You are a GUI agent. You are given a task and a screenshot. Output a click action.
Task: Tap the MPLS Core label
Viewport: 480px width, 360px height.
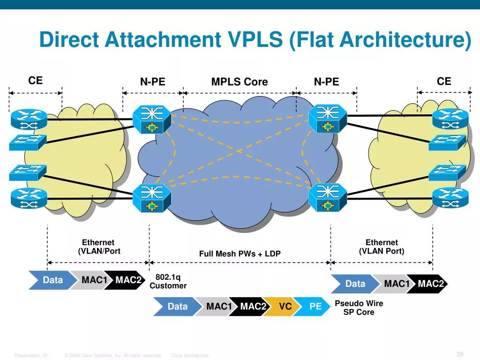(x=239, y=82)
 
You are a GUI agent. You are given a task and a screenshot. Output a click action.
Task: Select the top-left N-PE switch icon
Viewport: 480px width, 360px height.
(x=151, y=119)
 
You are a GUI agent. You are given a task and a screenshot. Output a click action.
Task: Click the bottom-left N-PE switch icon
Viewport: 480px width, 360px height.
(x=151, y=198)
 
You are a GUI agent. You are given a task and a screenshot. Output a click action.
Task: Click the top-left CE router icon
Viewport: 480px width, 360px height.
(x=29, y=119)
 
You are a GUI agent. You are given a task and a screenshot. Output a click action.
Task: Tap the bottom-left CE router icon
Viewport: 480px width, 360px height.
(x=29, y=198)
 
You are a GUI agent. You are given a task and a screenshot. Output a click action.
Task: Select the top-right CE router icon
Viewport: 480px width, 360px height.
(x=450, y=119)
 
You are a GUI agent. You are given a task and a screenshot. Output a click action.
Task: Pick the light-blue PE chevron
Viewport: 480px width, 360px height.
(x=314, y=307)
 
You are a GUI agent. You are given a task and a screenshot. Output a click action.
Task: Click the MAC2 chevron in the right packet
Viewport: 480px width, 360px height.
(x=430, y=284)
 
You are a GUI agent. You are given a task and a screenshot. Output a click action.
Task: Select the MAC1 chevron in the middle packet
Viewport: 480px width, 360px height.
(x=218, y=307)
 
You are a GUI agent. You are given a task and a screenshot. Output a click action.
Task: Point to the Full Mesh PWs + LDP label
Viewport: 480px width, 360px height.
(x=240, y=254)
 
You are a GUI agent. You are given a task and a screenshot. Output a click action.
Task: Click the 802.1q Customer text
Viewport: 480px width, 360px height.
(x=168, y=282)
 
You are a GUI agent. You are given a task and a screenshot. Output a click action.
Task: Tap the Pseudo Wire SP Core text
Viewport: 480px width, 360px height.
(x=359, y=307)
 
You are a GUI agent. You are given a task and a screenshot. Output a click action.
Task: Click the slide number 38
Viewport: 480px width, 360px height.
(x=460, y=354)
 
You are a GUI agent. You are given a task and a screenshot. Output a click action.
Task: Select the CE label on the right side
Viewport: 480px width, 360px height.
(x=443, y=82)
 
